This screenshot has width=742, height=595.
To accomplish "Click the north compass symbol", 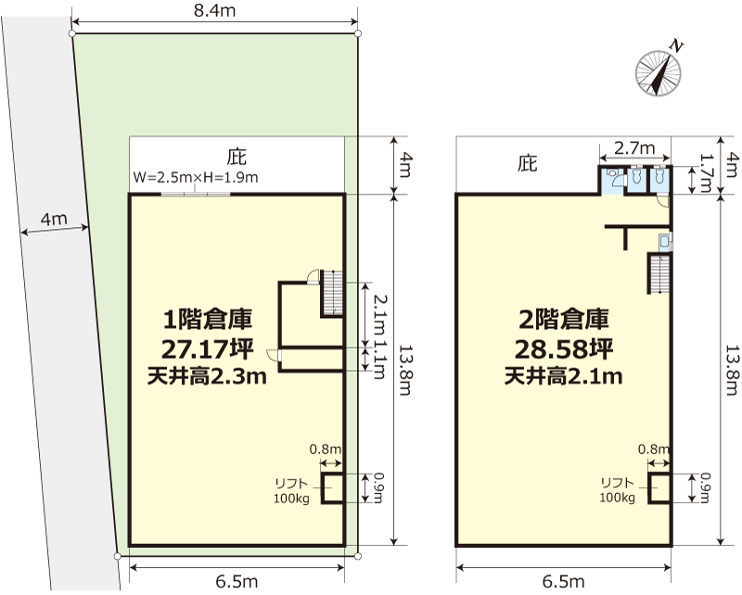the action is pos(658,73).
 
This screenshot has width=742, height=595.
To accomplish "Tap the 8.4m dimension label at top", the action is pos(215,10).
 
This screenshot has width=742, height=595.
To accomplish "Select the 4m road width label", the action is pos(54,219).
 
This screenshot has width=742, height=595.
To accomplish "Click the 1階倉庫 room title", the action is pos(207,319).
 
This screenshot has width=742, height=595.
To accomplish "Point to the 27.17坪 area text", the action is pos(207,348).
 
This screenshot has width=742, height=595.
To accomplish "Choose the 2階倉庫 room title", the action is pos(564,319).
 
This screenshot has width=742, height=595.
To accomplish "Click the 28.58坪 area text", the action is pos(564,348).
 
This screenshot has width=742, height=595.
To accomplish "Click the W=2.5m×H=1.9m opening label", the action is pos(196,177).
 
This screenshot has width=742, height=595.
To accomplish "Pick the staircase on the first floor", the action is pos(332,293).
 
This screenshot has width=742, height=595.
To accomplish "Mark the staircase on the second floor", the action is pos(659,273).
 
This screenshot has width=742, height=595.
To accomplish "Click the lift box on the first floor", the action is pos(331,488).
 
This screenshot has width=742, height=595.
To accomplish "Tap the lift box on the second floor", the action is pos(659,487).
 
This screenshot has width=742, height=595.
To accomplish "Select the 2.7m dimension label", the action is pos(634,148).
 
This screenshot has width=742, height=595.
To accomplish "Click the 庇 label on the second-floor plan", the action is pos(527,164).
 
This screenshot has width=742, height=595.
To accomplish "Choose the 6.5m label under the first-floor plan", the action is pos(237,581).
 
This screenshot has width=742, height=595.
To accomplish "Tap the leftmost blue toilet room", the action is pos(613,179).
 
